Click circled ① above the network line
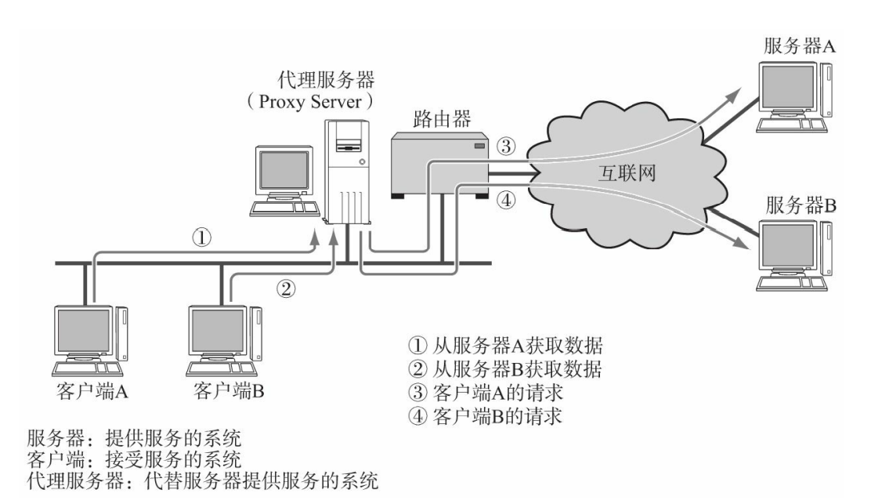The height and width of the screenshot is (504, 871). (x=202, y=237)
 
